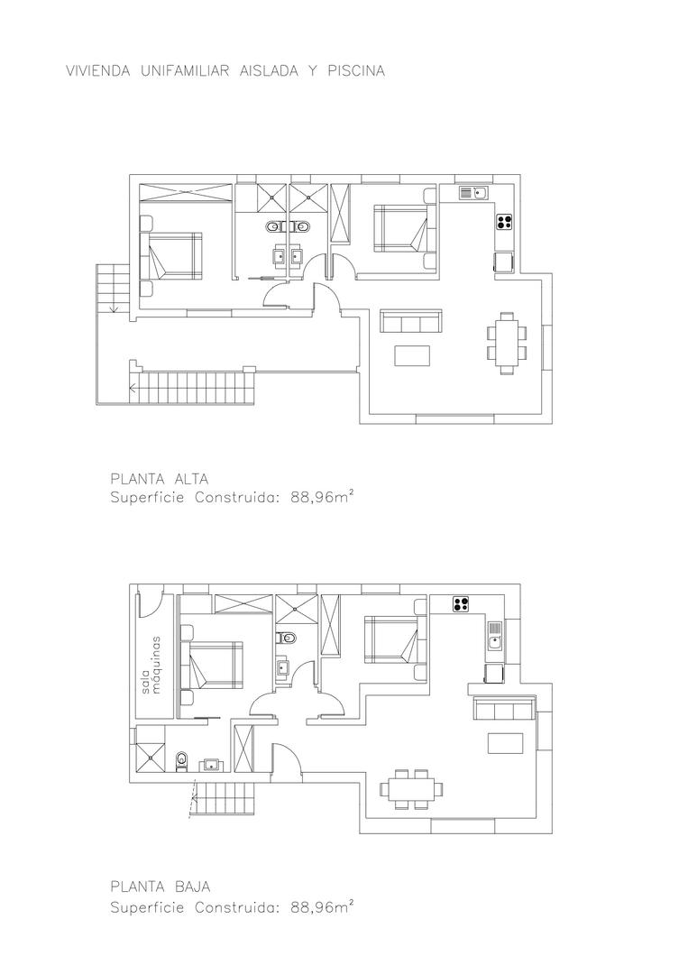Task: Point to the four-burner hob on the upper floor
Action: click(x=503, y=221)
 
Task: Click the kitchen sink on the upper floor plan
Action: click(x=472, y=192)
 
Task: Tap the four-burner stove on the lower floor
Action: click(x=463, y=603)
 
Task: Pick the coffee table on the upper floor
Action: click(x=413, y=354)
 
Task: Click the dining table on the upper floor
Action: click(x=506, y=342)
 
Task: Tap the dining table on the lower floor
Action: click(x=412, y=788)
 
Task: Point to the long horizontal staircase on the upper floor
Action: click(x=193, y=389)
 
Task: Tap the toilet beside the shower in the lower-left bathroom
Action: click(x=181, y=760)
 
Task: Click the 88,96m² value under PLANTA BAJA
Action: click(x=322, y=908)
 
